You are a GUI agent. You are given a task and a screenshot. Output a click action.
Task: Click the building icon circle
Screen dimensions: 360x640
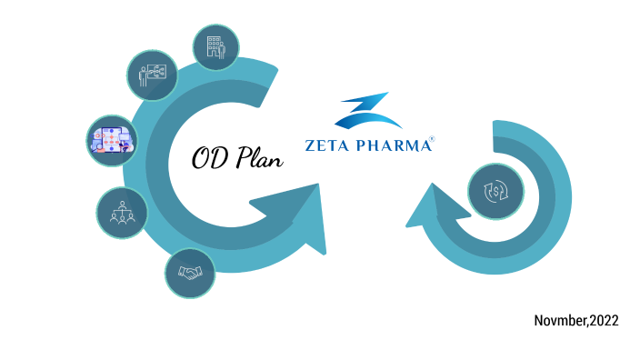point(216,46)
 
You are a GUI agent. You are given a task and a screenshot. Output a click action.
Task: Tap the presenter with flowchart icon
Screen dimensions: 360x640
point(150,72)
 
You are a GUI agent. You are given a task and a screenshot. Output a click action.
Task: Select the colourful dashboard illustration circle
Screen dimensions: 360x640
point(110,138)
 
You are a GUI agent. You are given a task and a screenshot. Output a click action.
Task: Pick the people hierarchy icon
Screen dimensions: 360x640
point(122,213)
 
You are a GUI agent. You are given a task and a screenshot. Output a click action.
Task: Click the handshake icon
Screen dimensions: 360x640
point(190,272)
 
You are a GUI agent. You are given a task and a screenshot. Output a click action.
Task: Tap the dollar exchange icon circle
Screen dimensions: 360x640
point(494,193)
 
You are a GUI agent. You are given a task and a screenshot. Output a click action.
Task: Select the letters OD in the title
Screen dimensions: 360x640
point(208,159)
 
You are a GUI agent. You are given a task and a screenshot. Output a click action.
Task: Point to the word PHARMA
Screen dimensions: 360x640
point(392,145)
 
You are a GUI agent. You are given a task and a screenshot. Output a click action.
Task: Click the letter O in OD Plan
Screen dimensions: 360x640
point(201,159)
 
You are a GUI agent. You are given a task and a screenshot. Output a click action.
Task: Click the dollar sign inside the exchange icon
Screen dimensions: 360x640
point(494,193)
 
